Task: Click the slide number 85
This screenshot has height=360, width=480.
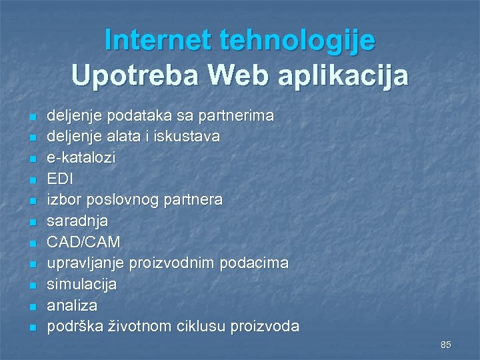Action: point(446,345)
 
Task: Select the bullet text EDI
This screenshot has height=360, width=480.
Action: point(60,179)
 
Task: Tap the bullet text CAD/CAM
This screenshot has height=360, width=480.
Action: point(83,242)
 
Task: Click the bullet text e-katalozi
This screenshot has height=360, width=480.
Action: point(81,158)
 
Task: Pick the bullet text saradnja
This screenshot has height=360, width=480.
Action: point(77,221)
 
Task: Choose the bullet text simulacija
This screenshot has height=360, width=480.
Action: point(81,284)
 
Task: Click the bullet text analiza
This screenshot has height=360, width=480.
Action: point(72,305)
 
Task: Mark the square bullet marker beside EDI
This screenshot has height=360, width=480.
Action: point(31,179)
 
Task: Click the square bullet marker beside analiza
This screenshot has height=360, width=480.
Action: point(31,306)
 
